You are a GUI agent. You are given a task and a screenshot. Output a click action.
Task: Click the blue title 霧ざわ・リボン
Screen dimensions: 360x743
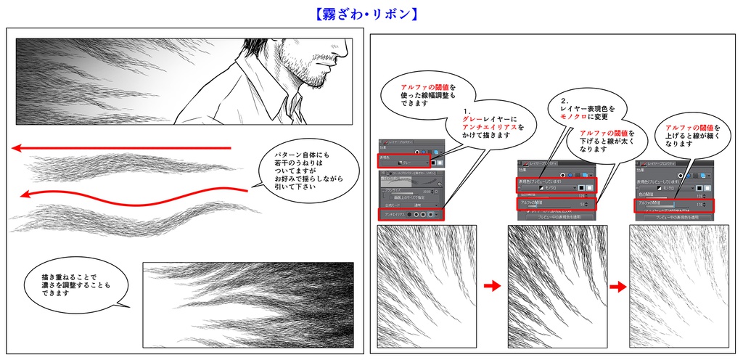click(x=371, y=14)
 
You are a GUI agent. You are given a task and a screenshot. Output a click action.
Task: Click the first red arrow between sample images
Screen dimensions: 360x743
click(x=492, y=286)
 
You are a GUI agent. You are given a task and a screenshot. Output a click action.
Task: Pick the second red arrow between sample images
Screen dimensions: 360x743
click(x=617, y=287)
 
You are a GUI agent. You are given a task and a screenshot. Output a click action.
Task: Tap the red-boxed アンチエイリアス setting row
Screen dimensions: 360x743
click(x=409, y=214)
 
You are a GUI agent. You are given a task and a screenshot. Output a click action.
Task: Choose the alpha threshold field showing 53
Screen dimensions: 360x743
click(x=555, y=204)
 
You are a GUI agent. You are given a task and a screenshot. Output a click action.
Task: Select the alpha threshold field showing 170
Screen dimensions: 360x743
click(x=675, y=205)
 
